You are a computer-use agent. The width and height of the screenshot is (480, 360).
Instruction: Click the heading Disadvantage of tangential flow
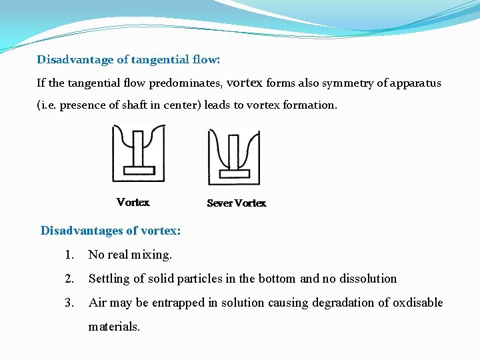pos(128,59)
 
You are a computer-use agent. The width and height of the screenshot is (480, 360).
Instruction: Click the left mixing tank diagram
pos(138,153)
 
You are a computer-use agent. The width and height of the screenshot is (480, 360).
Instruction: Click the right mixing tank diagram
pos(234,157)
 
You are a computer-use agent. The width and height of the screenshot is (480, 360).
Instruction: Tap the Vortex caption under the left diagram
pos(133,202)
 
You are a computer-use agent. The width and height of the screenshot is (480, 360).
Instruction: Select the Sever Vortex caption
pos(236,203)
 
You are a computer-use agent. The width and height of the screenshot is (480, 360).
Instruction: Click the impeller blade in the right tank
pos(234,173)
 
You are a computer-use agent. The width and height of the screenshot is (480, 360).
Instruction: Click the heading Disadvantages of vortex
pos(111,231)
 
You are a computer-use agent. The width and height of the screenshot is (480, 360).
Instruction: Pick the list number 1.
pos(69,255)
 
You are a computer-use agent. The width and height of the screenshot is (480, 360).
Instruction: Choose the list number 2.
pos(69,279)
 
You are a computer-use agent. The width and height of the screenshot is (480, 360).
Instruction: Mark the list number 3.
pos(69,303)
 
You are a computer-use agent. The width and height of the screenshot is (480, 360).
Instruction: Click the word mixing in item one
pos(151,255)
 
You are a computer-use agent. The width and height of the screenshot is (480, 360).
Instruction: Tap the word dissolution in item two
pos(369,279)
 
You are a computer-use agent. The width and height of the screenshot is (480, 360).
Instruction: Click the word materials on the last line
pos(114,327)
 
